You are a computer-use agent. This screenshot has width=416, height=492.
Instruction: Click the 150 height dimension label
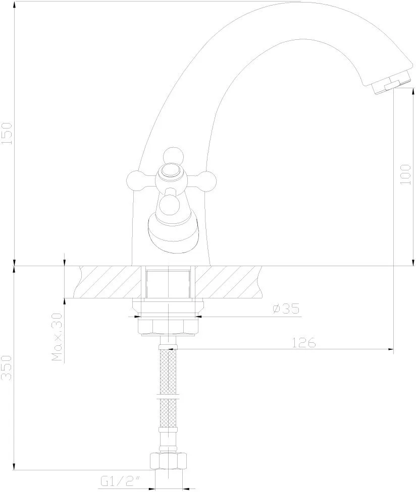tap(7, 134)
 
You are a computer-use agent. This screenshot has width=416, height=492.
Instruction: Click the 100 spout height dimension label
tap(405, 174)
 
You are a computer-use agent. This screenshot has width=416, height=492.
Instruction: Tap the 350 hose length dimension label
tap(7, 368)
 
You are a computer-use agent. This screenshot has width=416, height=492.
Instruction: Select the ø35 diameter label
tap(286, 309)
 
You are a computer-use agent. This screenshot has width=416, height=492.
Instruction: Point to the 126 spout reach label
tap(304, 343)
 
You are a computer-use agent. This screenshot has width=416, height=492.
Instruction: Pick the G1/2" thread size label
tap(120, 481)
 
